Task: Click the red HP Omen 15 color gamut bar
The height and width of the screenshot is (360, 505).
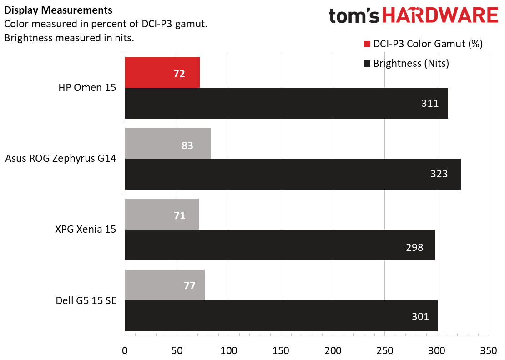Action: coord(162,72)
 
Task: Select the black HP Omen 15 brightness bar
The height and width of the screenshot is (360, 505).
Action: coord(286,103)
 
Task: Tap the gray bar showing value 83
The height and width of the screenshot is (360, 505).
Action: coord(168,143)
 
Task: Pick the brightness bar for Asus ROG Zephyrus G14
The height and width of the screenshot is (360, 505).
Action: coord(293,174)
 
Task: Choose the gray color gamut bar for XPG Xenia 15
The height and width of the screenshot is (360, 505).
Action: coord(162,214)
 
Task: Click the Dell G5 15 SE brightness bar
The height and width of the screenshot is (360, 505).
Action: coord(281,316)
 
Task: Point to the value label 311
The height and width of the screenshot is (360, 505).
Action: coord(430,103)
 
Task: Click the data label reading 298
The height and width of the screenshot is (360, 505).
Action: coord(414,248)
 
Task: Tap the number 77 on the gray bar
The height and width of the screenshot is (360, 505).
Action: coord(190,285)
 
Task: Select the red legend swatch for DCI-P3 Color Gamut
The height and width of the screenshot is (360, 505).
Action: coord(367,44)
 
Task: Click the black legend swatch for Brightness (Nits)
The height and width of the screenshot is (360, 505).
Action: coord(367,64)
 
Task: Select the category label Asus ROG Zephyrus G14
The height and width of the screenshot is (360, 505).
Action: coord(61,159)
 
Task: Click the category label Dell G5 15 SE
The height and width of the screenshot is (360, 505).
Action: coord(86,300)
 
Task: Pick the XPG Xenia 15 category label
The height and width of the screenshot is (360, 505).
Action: coord(85,230)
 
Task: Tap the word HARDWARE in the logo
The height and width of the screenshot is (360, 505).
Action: coord(440,16)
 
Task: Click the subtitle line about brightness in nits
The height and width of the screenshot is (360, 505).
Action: coord(69,38)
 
